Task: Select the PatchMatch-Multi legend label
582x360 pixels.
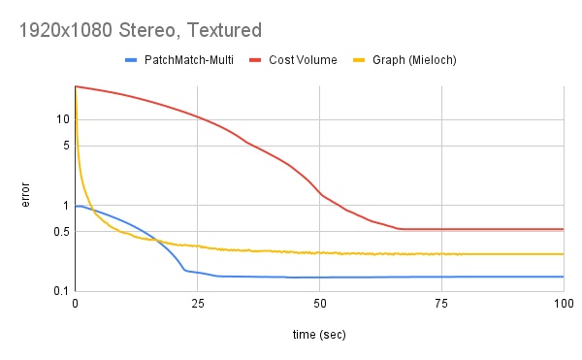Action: (189, 60)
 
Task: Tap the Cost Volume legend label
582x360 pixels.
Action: (303, 60)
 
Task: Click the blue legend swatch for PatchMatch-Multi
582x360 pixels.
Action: (132, 60)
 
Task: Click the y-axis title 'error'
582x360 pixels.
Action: (26, 194)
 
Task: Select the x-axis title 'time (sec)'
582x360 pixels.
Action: (318, 335)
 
